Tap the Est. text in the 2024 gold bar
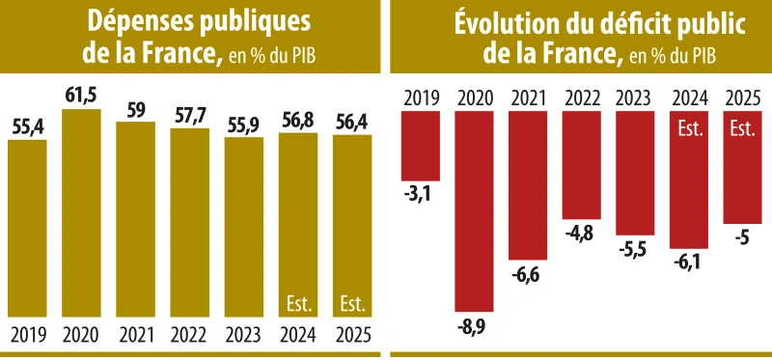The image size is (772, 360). point(298,305)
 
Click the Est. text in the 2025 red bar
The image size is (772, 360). point(742,127)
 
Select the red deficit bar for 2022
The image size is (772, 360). point(582,164)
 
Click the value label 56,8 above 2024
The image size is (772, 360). point(298,121)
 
